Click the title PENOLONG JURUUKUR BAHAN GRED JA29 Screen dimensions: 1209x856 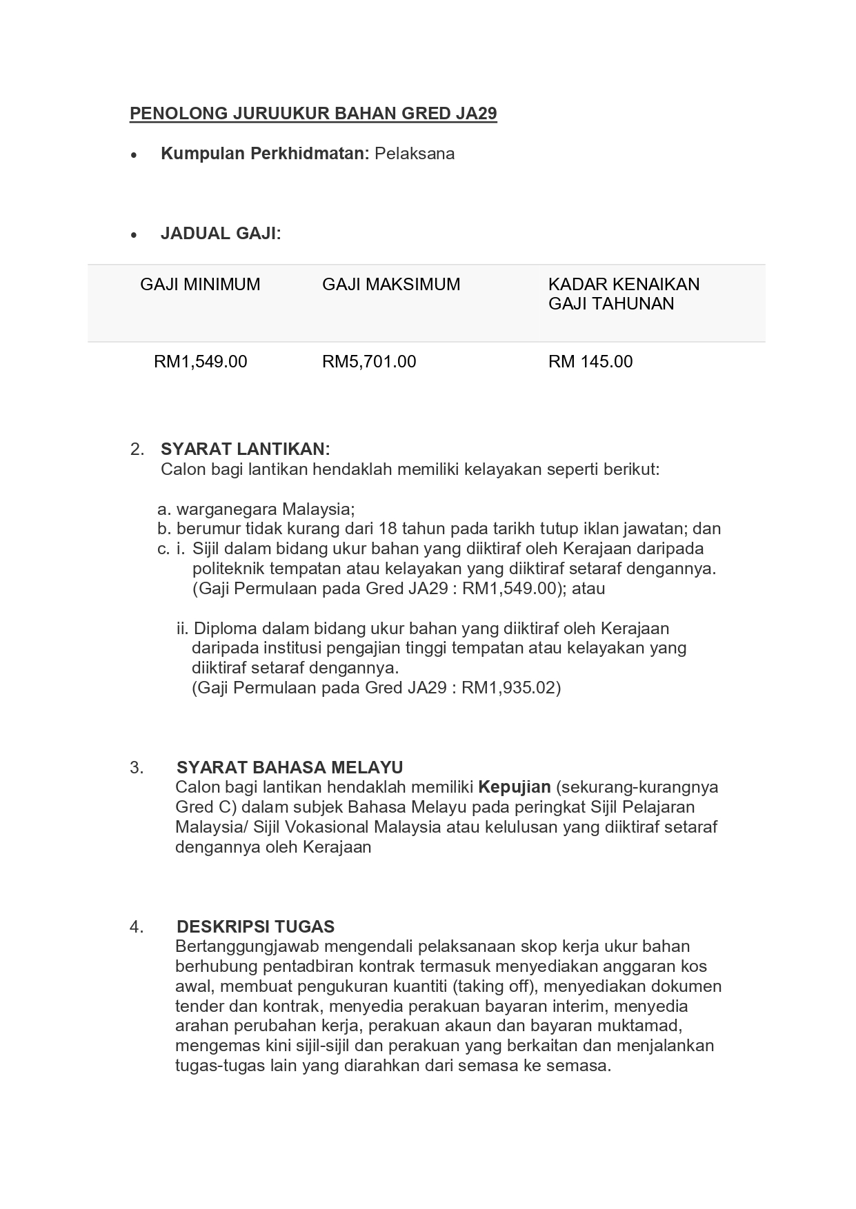(313, 114)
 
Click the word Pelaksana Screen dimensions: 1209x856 (415, 154)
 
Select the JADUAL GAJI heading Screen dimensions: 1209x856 (221, 234)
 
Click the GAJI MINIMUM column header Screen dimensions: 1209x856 (200, 285)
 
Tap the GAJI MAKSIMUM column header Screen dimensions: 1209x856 (391, 285)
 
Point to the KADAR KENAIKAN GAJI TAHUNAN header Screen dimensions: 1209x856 (624, 294)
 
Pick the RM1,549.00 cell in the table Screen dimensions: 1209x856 (200, 362)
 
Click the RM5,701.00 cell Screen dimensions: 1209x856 (369, 362)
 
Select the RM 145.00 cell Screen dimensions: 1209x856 (590, 362)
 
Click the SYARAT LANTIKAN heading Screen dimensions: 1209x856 (245, 449)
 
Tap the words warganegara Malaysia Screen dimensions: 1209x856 (265, 510)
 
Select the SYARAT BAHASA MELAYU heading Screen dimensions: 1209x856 (290, 768)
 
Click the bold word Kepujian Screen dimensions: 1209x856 (515, 787)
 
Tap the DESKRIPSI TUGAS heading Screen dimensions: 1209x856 (255, 926)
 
